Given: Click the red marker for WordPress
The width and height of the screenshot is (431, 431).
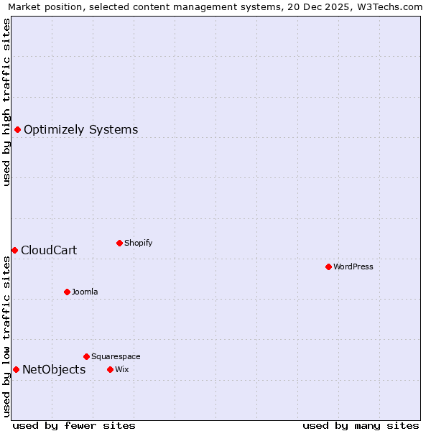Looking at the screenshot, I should click(328, 267).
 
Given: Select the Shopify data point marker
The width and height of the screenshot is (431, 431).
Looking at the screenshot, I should click(119, 243).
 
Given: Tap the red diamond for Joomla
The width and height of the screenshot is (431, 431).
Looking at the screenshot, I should click(67, 292).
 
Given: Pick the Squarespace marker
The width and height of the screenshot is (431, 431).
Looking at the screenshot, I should click(86, 356).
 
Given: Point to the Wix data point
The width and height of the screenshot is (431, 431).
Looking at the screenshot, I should click(110, 369).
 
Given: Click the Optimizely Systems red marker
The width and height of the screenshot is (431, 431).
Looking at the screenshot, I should click(17, 129).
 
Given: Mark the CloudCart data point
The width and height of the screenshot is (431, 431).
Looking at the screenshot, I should click(14, 250).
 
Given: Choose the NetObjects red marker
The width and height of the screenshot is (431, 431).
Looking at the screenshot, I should click(16, 369).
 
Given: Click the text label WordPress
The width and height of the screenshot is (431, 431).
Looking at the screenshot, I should click(353, 267).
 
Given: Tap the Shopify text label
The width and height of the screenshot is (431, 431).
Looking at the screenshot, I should click(139, 243).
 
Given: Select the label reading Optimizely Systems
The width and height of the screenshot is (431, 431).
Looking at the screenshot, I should click(81, 129).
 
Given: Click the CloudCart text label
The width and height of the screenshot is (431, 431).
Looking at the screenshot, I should click(49, 250).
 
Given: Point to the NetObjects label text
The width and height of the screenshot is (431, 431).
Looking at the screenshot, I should click(54, 369).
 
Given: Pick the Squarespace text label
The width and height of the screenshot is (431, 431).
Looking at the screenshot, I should click(116, 356).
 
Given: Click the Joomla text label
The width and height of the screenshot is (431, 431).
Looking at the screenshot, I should click(85, 292).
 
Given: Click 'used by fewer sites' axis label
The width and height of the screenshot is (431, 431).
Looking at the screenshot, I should click(74, 425).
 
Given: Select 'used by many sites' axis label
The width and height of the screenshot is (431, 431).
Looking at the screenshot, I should click(361, 425).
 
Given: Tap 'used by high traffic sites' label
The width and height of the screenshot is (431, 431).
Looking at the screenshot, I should click(6, 102).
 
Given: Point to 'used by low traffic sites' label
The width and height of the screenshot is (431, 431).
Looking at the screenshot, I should click(6, 335).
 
